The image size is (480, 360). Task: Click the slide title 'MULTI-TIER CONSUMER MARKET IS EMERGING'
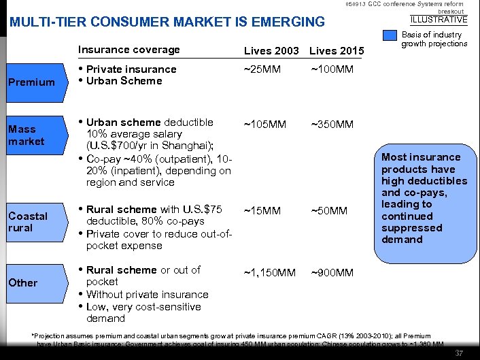[x=167, y=22]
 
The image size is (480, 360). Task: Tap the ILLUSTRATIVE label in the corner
[x=439, y=19]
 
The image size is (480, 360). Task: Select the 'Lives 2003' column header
[x=271, y=51]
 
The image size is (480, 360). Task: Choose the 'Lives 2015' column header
[x=337, y=51]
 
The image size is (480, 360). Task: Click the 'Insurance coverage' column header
[x=128, y=50]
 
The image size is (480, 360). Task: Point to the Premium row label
[x=31, y=82]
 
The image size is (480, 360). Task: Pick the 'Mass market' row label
[x=27, y=135]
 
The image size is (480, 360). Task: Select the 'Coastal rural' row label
[x=28, y=222]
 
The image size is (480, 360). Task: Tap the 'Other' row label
[x=23, y=282]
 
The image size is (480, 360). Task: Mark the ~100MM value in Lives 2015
[x=333, y=69]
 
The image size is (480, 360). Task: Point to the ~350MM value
[x=333, y=124]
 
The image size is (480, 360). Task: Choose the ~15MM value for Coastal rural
[x=262, y=211]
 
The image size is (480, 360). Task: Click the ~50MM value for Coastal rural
[x=329, y=211]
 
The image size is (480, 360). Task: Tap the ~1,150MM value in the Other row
[x=270, y=273]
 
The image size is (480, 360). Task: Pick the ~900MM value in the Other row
[x=332, y=273]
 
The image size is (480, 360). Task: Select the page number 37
[x=459, y=353]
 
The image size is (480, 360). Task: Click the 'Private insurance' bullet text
[x=131, y=69]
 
